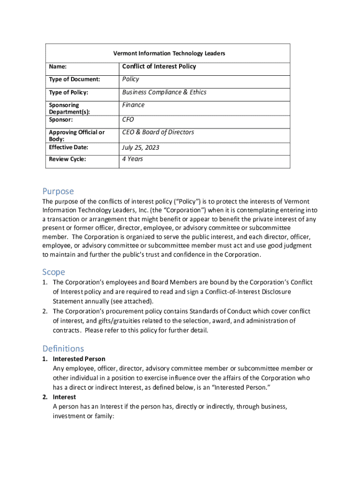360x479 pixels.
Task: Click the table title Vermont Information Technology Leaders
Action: point(169,53)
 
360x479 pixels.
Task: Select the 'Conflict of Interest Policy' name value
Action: point(159,66)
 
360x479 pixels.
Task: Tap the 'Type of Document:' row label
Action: point(74,79)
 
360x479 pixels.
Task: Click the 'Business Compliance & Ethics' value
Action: point(164,92)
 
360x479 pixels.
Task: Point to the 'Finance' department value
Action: point(133,105)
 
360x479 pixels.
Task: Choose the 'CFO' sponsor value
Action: point(128,119)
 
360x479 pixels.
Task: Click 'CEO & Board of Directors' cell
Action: point(158,132)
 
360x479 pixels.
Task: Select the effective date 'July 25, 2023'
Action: point(141,147)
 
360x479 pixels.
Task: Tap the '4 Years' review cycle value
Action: point(133,159)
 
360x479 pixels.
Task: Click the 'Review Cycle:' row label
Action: point(67,160)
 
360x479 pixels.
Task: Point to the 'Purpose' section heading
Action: point(58,191)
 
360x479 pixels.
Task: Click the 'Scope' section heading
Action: point(54,272)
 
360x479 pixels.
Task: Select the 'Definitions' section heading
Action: point(63,348)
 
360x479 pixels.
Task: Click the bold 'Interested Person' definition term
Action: point(79,359)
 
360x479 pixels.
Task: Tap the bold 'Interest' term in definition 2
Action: point(65,397)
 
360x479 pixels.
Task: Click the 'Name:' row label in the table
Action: point(58,67)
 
